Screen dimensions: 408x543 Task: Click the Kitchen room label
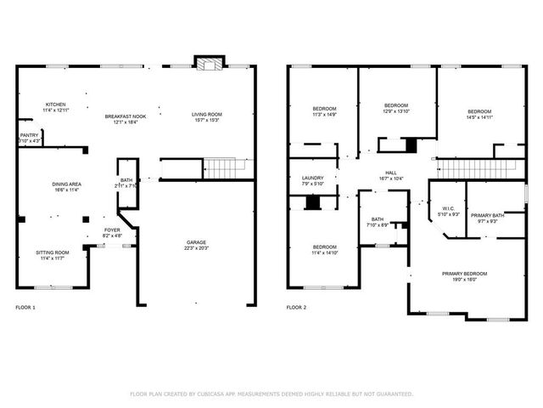point(55,105)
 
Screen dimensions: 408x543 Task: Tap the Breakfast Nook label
point(126,116)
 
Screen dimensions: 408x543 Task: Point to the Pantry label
point(29,134)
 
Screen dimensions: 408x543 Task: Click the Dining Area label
point(66,184)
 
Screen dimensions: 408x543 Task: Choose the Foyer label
point(112,229)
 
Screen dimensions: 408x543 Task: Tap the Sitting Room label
point(53,252)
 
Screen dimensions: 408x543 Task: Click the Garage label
point(197,242)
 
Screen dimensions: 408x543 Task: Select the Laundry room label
point(312,178)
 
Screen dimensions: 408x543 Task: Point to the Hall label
point(390,172)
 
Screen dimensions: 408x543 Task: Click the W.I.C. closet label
point(449,208)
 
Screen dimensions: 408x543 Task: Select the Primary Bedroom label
point(464,273)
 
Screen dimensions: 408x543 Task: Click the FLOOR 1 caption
point(26,306)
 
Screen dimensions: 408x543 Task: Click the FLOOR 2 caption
point(296,306)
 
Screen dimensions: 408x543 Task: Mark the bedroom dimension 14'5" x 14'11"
point(479,118)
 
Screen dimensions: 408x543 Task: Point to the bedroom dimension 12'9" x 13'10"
point(396,111)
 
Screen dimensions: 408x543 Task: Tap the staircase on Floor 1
point(222,169)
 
